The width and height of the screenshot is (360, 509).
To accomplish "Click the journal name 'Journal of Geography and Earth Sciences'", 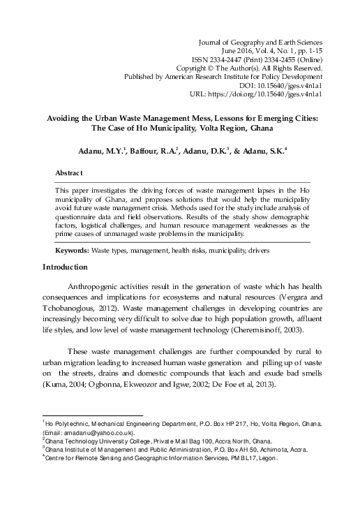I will [x=260, y=42].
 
